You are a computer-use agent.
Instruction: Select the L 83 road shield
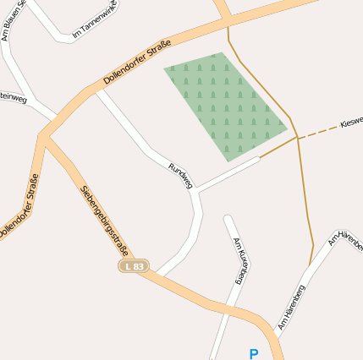coord(133,266)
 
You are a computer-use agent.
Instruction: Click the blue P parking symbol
coord(253,353)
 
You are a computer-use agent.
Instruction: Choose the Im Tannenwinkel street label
coord(94,23)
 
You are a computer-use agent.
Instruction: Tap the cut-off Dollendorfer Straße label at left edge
coord(19,207)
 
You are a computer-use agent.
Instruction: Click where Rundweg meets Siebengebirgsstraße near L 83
coord(157,275)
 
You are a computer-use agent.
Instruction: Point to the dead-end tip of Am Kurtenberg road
coord(227,218)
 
